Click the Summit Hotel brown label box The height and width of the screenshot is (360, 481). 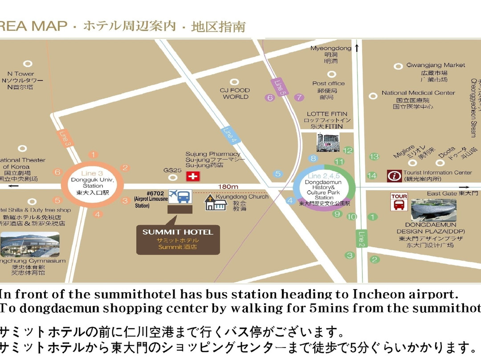[x=178, y=239]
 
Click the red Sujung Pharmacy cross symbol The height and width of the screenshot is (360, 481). [x=193, y=176]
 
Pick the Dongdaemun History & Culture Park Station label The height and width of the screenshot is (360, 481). [x=324, y=188]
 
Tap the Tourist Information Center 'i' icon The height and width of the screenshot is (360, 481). [x=394, y=176]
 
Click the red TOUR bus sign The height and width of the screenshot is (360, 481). [x=399, y=202]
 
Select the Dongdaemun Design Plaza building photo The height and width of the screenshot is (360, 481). [x=433, y=210]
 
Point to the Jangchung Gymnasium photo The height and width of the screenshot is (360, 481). [x=29, y=245]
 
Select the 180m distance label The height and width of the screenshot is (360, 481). [x=228, y=186]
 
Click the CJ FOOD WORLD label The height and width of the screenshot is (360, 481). [x=236, y=93]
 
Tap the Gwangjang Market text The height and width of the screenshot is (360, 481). [x=436, y=65]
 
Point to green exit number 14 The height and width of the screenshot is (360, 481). [x=372, y=176]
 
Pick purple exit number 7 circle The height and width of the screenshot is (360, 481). [x=299, y=97]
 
